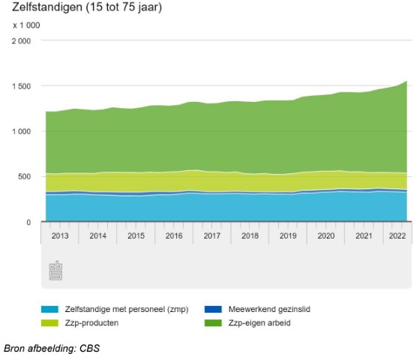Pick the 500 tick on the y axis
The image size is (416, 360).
click(25, 177)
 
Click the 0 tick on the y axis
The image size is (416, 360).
click(28, 223)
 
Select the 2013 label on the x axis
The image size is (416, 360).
click(60, 235)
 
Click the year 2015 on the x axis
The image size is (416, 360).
click(136, 235)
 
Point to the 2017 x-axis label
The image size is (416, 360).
click(212, 235)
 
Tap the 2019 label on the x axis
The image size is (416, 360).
click(288, 235)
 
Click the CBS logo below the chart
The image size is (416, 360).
click(55, 271)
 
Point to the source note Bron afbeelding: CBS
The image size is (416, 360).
click(52, 349)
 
